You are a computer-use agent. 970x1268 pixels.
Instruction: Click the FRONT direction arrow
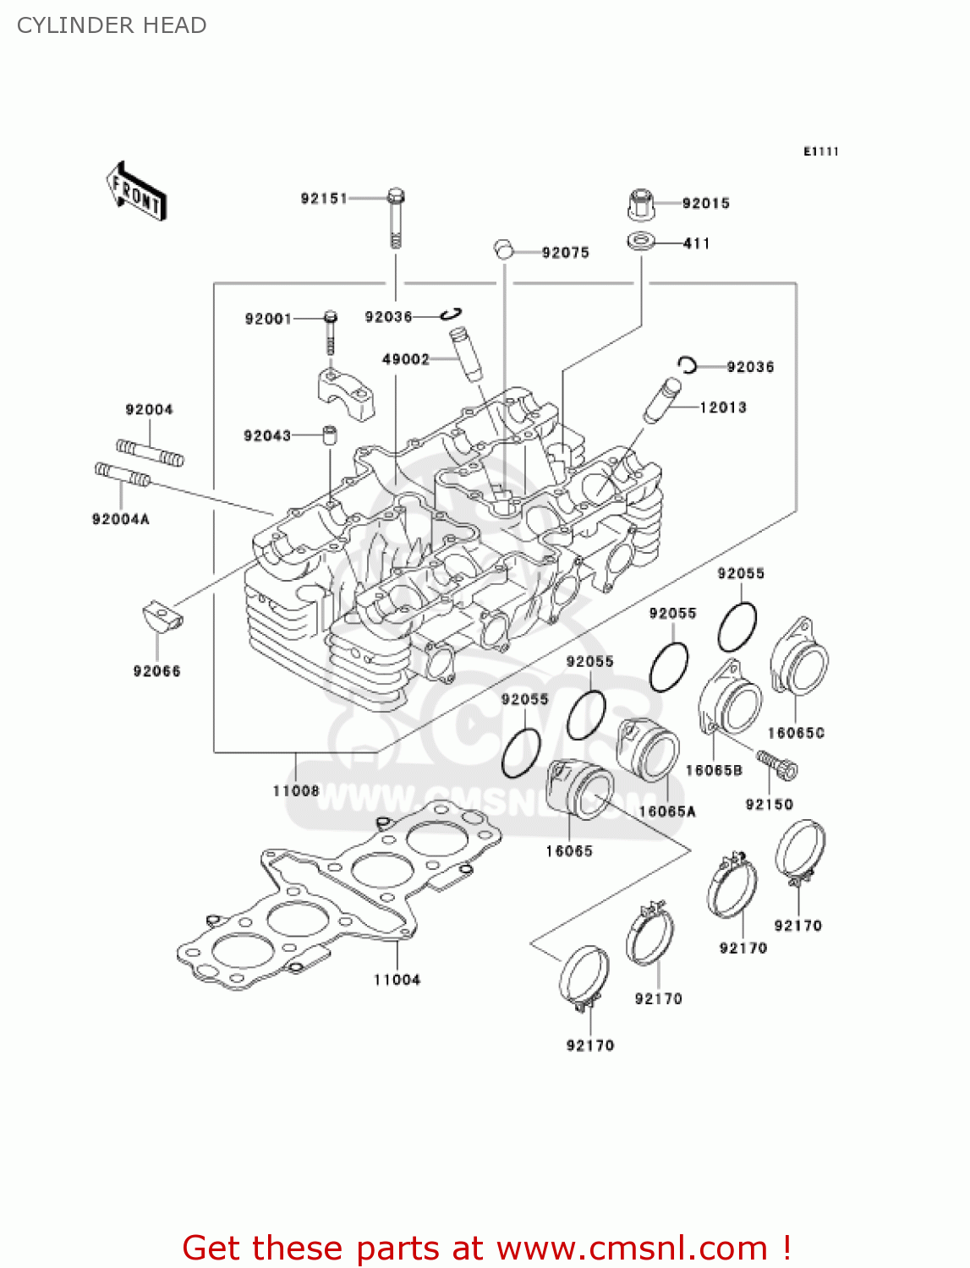click(135, 192)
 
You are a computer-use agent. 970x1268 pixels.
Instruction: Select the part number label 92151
click(324, 199)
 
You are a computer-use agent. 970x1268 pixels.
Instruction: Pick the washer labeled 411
click(641, 243)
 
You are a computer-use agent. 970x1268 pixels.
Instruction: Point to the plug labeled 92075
click(504, 249)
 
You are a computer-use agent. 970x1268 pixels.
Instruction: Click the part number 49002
click(406, 359)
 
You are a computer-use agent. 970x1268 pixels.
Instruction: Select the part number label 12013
click(723, 407)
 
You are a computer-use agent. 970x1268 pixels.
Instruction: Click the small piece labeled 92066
click(160, 616)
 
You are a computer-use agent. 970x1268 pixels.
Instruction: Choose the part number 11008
click(296, 791)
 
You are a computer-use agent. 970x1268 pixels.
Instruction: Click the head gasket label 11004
click(397, 980)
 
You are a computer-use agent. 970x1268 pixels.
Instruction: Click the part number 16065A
click(667, 812)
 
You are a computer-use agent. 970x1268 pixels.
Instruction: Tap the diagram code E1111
click(820, 151)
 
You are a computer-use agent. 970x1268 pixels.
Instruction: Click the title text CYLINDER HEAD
click(112, 25)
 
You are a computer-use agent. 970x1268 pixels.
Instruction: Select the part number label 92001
click(268, 319)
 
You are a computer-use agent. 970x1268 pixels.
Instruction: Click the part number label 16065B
click(714, 770)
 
